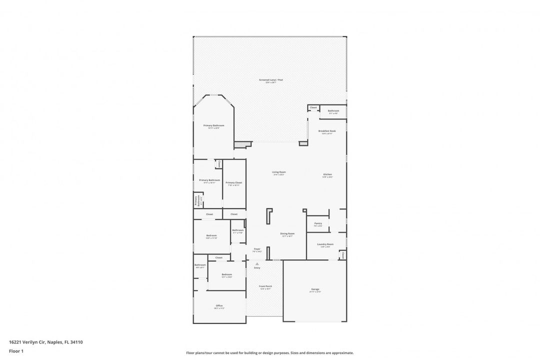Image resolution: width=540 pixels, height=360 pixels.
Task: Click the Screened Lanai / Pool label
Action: click(x=271, y=80)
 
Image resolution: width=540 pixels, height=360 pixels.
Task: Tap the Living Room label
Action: click(x=279, y=172)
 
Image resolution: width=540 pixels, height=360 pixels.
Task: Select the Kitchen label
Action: click(x=327, y=174)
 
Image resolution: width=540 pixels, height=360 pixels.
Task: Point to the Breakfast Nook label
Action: click(x=327, y=131)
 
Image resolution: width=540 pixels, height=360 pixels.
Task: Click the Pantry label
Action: click(x=317, y=223)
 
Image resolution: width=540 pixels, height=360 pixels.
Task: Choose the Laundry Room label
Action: click(x=325, y=244)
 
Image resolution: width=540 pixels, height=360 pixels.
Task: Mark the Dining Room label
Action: click(x=287, y=233)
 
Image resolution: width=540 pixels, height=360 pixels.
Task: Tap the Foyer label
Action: click(x=257, y=248)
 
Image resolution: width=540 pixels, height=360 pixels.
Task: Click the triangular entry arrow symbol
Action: click(x=257, y=263)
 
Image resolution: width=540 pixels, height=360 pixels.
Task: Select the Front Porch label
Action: click(x=265, y=286)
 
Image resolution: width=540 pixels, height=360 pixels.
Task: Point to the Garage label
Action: click(x=315, y=289)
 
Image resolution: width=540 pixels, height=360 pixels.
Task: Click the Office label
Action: click(x=219, y=305)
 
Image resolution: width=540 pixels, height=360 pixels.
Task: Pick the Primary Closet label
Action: click(x=234, y=183)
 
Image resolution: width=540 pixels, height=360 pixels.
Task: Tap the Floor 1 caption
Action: click(x=16, y=351)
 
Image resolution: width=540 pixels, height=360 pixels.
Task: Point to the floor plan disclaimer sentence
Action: click(x=269, y=353)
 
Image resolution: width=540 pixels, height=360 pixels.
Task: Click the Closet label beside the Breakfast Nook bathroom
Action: click(x=313, y=107)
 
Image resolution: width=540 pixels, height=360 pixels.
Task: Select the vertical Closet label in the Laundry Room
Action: click(x=343, y=255)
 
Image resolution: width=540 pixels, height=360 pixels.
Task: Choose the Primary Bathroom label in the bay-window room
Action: click(x=213, y=125)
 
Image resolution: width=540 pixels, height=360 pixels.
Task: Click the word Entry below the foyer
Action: click(x=257, y=268)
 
